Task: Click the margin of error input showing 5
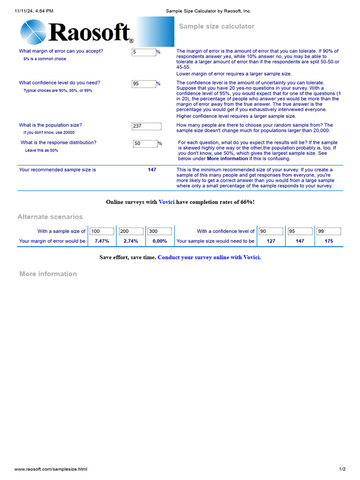143,52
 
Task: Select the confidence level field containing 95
143,84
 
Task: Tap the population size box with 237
146,126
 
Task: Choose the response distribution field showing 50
145,143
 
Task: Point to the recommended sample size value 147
152,170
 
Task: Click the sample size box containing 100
102,231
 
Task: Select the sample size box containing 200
131,231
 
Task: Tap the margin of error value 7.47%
102,241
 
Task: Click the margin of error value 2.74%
131,241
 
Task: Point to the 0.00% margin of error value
160,241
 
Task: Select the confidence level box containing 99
329,231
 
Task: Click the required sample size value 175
329,241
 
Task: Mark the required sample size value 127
270,241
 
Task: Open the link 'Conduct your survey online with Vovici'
209,257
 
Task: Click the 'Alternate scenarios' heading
50,217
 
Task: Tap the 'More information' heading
48,274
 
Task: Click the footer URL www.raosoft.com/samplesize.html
51,469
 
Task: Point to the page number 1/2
342,469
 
